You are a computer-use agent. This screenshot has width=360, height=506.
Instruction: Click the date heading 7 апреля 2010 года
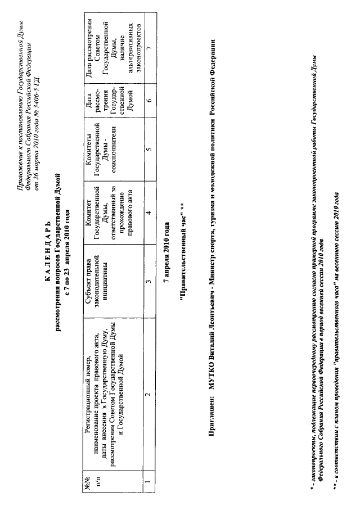[x=166, y=251]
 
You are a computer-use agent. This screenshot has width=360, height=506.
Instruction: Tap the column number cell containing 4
[x=147, y=213]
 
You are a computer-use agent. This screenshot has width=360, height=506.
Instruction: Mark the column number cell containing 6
[x=147, y=100]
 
